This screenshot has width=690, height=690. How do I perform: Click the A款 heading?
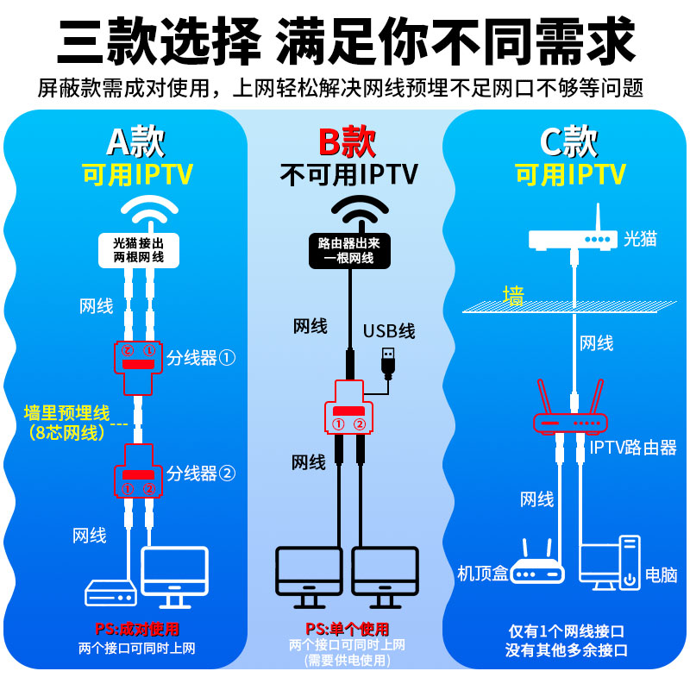coord(136,141)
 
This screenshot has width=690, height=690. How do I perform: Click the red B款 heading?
coord(348,141)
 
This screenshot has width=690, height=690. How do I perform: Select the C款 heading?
coord(569,141)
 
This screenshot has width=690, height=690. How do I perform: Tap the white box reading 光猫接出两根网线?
coord(139,250)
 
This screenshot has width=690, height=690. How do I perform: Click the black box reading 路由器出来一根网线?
coord(349,250)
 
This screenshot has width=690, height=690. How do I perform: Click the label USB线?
coord(389,331)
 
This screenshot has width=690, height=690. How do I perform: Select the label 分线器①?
coord(201,358)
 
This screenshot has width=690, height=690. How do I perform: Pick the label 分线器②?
coord(201,474)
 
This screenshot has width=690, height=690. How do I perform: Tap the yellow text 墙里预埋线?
coord(67,413)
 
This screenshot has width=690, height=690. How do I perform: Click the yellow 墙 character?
coord(513,296)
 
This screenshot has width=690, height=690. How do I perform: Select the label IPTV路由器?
coord(633,448)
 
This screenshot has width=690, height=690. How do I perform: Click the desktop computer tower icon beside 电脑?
coord(630,563)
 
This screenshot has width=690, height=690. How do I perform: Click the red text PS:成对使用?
coord(137,630)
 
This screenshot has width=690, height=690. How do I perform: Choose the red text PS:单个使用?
coord(348,630)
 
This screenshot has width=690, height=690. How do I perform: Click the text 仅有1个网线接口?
coord(567,631)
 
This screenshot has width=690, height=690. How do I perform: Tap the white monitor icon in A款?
coord(174,577)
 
